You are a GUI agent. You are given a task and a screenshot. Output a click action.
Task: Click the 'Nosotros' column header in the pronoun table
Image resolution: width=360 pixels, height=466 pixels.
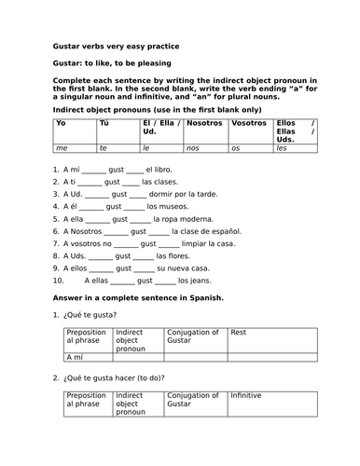pyautogui.click(x=204, y=122)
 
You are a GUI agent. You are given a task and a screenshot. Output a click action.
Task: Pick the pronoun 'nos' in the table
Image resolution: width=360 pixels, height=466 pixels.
pyautogui.click(x=193, y=147)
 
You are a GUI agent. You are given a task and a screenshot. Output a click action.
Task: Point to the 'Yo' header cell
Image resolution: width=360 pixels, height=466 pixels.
pyautogui.click(x=61, y=122)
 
